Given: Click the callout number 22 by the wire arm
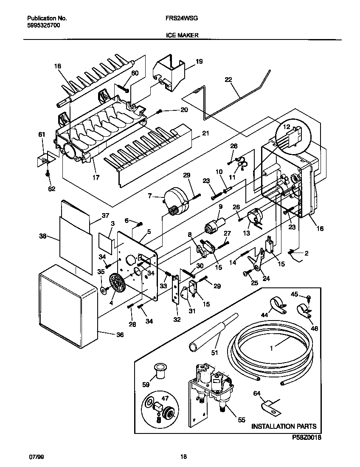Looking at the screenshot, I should point(228,79).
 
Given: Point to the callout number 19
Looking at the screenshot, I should point(199,62).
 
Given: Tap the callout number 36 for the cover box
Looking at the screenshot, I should point(120,335).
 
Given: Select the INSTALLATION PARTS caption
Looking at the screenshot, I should point(284,426).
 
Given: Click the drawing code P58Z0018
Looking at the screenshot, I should point(307,436).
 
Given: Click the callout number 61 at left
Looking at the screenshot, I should point(42,135).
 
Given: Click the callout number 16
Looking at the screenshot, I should point(320,228).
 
